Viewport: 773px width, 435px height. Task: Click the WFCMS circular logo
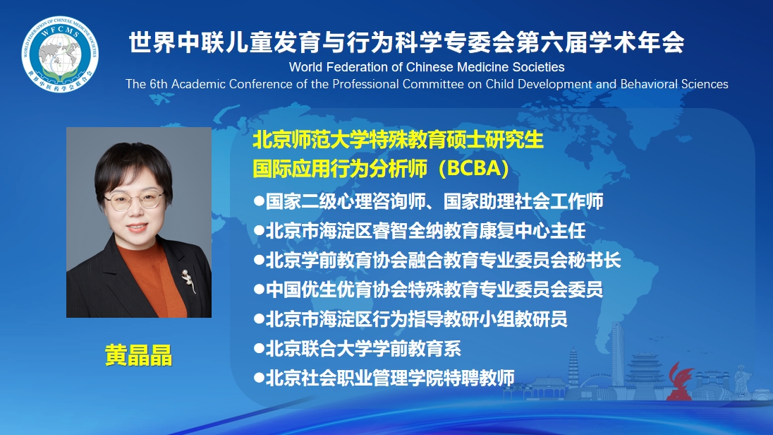pos(60,54)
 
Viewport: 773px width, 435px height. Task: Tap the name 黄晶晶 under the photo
pos(138,355)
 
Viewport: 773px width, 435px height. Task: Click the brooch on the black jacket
pos(188,280)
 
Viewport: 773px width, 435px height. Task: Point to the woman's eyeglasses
pos(134,200)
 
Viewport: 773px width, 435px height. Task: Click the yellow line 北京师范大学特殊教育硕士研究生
pos(398,140)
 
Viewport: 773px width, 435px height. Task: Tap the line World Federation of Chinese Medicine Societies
pos(427,67)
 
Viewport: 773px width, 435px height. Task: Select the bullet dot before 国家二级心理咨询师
pos(259,201)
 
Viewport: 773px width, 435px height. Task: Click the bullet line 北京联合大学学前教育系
pos(358,349)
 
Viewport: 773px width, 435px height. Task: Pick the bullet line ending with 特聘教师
pos(384,379)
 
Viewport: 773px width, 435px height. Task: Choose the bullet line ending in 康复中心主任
pos(420,231)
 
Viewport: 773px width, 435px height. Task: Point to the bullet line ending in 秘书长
pos(437,260)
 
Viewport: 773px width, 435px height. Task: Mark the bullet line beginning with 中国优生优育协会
pos(428,290)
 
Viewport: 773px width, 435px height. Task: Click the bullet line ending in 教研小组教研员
pos(410,319)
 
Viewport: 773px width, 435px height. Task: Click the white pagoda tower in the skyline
pos(573,368)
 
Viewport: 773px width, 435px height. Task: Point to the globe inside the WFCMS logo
pos(60,54)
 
